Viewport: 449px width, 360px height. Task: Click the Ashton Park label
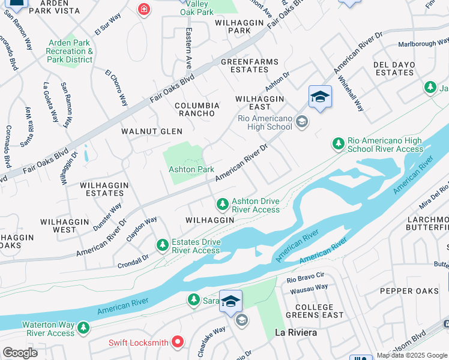pyautogui.click(x=191, y=170)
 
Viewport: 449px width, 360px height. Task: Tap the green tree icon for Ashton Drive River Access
pyautogui.click(x=223, y=205)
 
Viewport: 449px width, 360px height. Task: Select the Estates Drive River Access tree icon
pyautogui.click(x=162, y=245)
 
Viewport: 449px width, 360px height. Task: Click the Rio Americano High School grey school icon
pyautogui.click(x=302, y=122)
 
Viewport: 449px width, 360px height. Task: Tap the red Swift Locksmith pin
pyautogui.click(x=178, y=343)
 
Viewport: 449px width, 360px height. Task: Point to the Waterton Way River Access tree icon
pyautogui.click(x=83, y=328)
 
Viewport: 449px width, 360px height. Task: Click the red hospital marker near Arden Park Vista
pyautogui.click(x=143, y=9)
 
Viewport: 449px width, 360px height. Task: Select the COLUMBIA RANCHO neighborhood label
pyautogui.click(x=197, y=109)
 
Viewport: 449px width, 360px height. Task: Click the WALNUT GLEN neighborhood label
pyautogui.click(x=151, y=131)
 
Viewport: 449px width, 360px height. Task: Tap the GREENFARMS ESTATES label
pyautogui.click(x=244, y=65)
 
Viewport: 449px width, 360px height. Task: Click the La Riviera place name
pyautogui.click(x=295, y=332)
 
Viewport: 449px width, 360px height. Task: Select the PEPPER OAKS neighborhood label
pyautogui.click(x=409, y=291)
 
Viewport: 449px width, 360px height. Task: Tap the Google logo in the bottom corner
pyautogui.click(x=20, y=353)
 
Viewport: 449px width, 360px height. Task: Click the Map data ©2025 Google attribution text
pyautogui.click(x=412, y=355)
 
